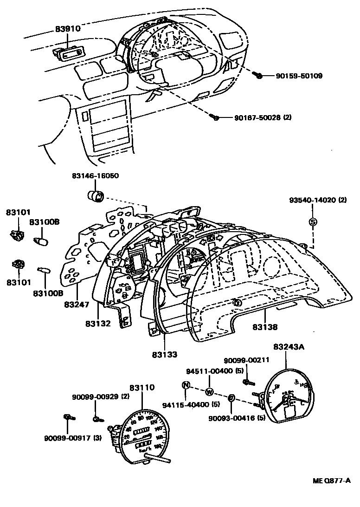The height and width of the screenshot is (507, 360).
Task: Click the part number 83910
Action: pyautogui.click(x=67, y=28)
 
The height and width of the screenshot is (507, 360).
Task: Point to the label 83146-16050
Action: pyautogui.click(x=95, y=176)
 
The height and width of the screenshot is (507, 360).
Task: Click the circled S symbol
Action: pyautogui.click(x=313, y=222)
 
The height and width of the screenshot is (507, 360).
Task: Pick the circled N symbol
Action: pyautogui.click(x=186, y=385)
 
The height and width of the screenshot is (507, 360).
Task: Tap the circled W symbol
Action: pyautogui.click(x=209, y=391)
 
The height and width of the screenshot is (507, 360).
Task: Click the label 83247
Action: pyautogui.click(x=77, y=304)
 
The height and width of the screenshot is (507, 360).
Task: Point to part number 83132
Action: pyautogui.click(x=98, y=323)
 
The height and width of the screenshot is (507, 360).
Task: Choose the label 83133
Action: pyautogui.click(x=164, y=355)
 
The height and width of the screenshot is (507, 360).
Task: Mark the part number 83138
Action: pyautogui.click(x=265, y=327)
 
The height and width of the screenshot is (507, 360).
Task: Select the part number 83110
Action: pyautogui.click(x=142, y=387)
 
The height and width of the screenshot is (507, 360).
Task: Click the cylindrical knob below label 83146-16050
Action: pyautogui.click(x=96, y=196)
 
